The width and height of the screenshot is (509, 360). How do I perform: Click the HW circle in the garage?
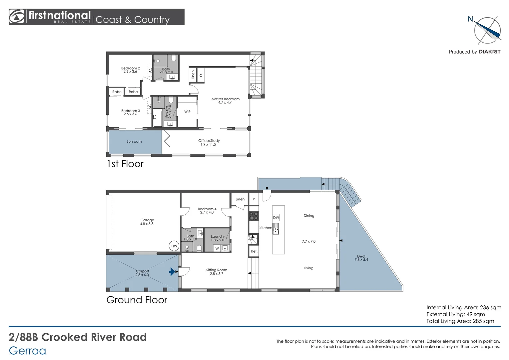coord(174,246)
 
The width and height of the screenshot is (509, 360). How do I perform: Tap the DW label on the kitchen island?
coord(276,218)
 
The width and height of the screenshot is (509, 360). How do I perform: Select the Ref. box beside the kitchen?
coord(254,251)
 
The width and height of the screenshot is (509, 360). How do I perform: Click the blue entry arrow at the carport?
coord(172,272)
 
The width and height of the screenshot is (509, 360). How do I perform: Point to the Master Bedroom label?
coord(226,99)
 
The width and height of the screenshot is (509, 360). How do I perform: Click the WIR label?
coord(188,112)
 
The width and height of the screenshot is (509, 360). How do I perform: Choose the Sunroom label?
coord(134,141)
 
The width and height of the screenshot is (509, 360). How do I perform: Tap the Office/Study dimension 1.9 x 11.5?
coord(208,144)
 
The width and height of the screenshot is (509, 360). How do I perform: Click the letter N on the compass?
coord(470,19)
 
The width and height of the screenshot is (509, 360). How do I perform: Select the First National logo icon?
coord(16,17)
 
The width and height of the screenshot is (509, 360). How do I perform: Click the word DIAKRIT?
coord(489,52)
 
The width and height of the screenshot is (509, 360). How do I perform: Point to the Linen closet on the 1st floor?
coord(193,75)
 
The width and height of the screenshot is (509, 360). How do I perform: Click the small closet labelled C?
coord(201,75)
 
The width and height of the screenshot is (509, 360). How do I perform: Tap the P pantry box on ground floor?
coord(254,199)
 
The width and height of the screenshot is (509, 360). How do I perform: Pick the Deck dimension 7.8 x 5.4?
coord(361,259)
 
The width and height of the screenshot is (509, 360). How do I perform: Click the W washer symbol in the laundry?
coord(217,248)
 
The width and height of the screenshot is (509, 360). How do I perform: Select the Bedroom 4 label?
coord(207,209)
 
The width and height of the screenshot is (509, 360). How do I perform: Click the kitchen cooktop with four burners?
coord(254,216)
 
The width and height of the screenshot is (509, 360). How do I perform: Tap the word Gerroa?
coord(28,350)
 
